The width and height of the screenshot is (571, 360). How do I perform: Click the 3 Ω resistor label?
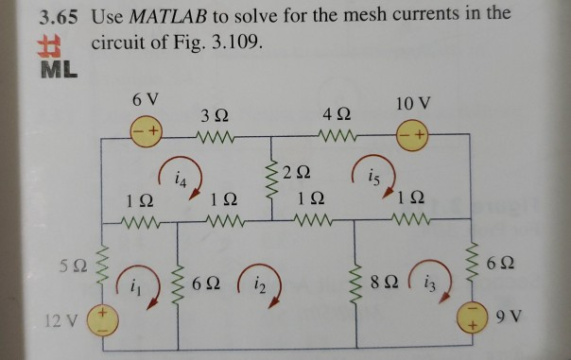coord(213,115)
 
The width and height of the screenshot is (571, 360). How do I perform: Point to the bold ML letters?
coord(56,70)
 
